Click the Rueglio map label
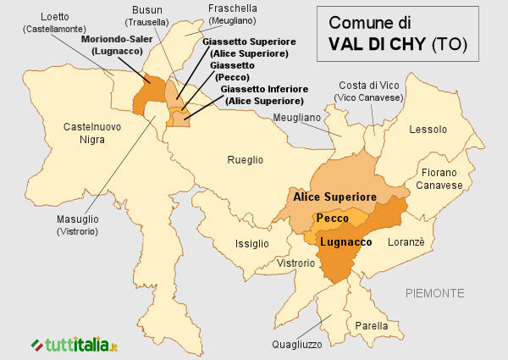tap(245, 159)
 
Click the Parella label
tap(373, 325)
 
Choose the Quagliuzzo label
tap(296, 344)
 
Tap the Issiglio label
tap(252, 244)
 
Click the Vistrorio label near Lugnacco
tap(295, 263)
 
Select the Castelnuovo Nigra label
tap(92, 133)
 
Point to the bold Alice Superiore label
tap(334, 197)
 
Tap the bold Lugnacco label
tap(345, 242)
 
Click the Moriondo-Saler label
tap(119, 39)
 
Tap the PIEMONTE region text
tap(434, 293)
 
